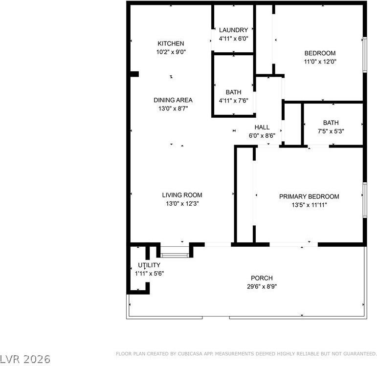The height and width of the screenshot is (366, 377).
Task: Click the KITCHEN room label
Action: coord(171,43)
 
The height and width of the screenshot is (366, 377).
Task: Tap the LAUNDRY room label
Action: coord(233,30)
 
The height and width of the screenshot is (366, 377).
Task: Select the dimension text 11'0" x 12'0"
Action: coord(320,62)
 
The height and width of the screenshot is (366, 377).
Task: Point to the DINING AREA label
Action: coord(173,100)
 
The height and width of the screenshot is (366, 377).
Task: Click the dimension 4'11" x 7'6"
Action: coord(233,101)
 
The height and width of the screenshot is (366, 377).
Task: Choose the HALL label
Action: coord(262,128)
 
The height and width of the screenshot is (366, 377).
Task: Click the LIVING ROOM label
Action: coord(182,195)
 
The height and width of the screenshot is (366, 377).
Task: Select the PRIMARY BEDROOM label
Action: coord(309,196)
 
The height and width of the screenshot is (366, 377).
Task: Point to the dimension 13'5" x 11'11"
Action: coord(309,205)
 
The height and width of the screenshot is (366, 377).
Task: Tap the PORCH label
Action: coord(262,278)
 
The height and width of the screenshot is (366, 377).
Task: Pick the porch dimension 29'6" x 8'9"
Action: coord(262,287)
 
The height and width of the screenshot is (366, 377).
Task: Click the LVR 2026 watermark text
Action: coord(25,359)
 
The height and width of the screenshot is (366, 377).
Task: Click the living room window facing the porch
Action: coord(175,254)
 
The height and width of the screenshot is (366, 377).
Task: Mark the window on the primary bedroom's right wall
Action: coord(364,199)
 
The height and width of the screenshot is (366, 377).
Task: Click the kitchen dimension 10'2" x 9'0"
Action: coord(171,52)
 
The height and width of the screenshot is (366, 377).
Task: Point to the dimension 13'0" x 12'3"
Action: coord(182,204)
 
